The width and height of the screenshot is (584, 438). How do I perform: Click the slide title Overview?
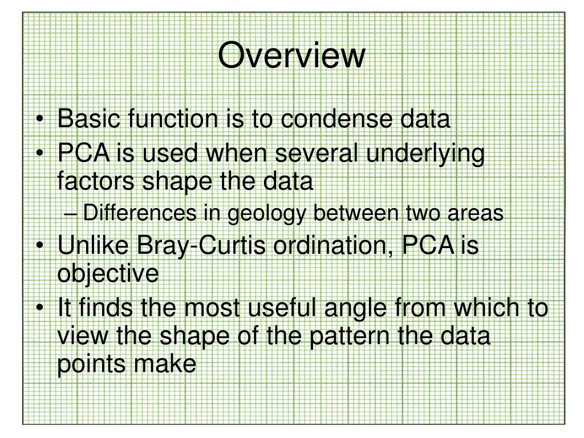(x=291, y=55)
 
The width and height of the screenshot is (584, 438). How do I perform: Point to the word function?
(x=173, y=119)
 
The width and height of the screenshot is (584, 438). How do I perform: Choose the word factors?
(x=96, y=181)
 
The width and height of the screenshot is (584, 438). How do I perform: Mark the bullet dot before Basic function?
(x=39, y=119)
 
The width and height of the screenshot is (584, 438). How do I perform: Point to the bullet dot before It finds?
(x=39, y=309)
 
